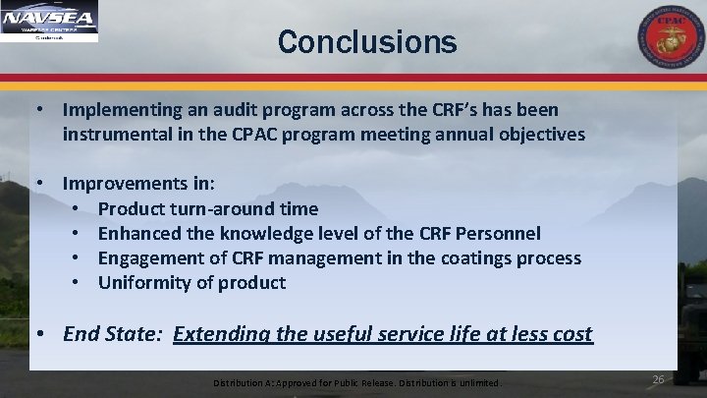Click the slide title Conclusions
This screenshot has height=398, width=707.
[366, 42]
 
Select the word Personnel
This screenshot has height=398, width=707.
[496, 234]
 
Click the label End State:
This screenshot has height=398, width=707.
[113, 334]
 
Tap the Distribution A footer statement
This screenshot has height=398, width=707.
[358, 381]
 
